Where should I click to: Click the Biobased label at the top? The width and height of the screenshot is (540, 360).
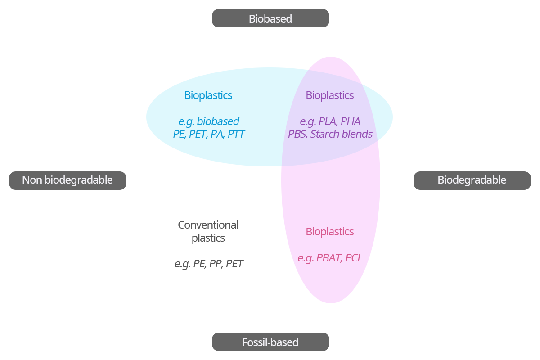tap(270, 18)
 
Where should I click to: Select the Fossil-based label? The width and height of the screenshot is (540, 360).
tap(270, 342)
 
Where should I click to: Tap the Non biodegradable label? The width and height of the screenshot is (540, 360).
tap(67, 180)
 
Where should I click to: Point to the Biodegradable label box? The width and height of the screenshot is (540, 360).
tap(472, 180)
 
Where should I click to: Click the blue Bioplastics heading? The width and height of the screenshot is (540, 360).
tap(208, 95)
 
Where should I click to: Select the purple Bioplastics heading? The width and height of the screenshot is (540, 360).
tap(330, 95)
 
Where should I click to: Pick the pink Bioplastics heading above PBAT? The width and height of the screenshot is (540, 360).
tap(330, 232)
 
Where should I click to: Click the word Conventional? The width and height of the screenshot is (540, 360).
tap(208, 225)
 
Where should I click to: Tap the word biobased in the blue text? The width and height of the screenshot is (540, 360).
tap(218, 121)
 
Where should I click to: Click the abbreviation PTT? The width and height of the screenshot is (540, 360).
tap(236, 134)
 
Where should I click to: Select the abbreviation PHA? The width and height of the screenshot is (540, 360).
tap(351, 121)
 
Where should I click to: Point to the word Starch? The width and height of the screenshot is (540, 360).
tap(326, 134)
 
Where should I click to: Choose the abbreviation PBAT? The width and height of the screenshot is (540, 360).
tap(329, 258)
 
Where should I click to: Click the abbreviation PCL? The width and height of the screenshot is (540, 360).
tap(354, 258)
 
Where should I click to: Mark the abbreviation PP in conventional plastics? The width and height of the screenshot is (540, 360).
tap(216, 264)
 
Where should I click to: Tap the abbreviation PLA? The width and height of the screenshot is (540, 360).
tap(328, 121)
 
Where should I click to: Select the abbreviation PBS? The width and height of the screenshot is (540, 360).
tap(297, 134)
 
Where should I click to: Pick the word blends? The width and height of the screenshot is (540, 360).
tap(358, 134)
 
